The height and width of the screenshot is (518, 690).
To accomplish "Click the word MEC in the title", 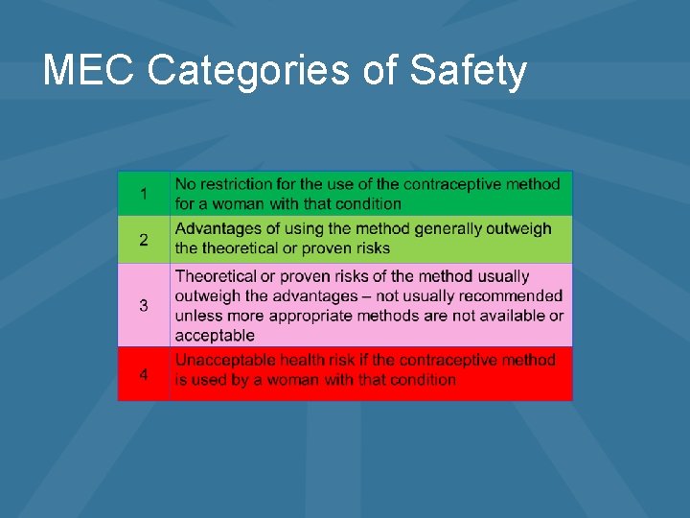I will [89, 70].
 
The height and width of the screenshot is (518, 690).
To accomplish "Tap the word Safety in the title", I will [468, 70].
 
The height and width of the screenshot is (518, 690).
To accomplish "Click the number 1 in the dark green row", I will [144, 194].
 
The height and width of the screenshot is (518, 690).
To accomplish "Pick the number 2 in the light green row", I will [144, 240].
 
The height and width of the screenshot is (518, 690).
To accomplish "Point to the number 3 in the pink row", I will [144, 305].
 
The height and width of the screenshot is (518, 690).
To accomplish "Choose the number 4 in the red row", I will [144, 374].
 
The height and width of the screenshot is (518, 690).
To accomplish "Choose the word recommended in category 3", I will [508, 295].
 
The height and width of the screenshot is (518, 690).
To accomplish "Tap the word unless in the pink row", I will [195, 316].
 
